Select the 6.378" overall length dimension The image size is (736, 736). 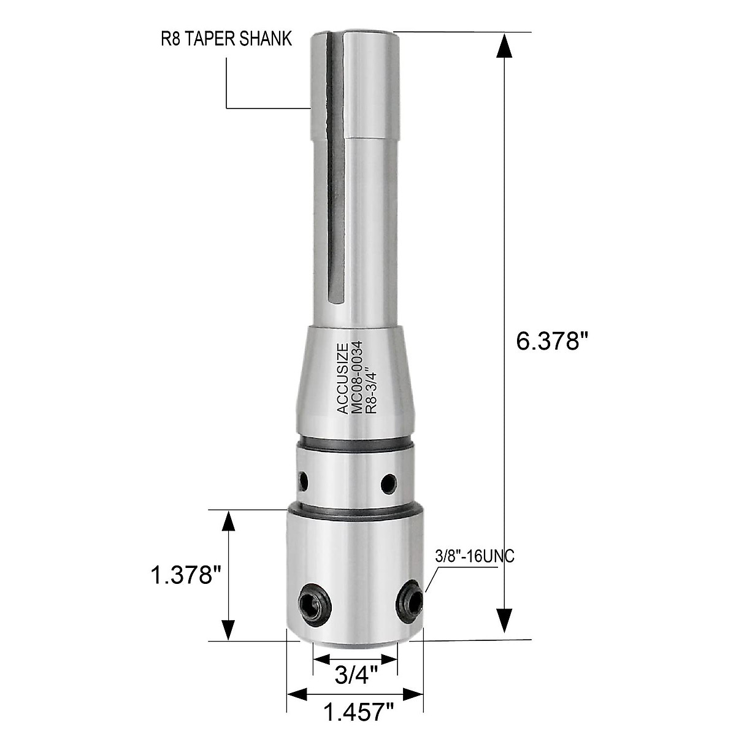pyautogui.click(x=548, y=341)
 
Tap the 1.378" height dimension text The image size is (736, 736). pyautogui.click(x=186, y=576)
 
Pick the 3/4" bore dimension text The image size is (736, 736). pyautogui.click(x=356, y=676)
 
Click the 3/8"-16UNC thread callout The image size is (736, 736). pyautogui.click(x=474, y=558)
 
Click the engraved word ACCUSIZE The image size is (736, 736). pyautogui.click(x=343, y=378)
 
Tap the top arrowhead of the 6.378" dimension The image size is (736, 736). pyautogui.click(x=504, y=46)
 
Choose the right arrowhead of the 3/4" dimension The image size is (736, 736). pyautogui.click(x=390, y=661)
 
